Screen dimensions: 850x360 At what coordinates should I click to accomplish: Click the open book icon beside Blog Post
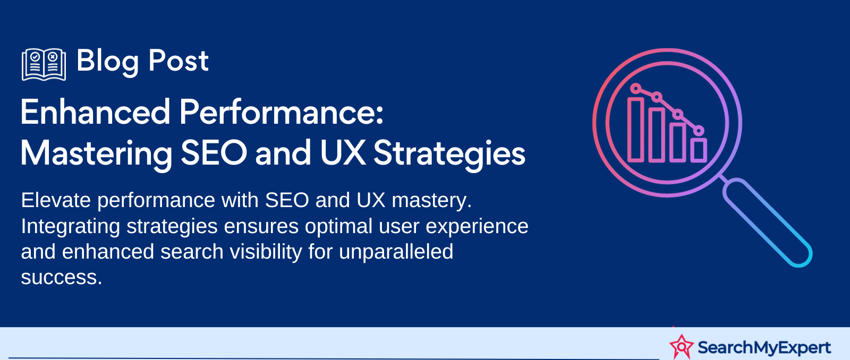44,64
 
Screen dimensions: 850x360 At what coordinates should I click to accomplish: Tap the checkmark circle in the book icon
35,57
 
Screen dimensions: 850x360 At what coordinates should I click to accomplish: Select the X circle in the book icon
53,57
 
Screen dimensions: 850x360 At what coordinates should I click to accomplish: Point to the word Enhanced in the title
95,112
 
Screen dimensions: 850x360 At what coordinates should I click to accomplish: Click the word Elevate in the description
56,200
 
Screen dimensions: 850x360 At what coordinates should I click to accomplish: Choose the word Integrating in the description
71,227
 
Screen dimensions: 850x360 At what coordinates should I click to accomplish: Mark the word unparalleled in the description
396,252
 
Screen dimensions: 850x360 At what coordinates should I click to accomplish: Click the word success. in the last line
62,278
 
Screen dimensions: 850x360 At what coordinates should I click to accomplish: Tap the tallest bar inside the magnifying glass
635,130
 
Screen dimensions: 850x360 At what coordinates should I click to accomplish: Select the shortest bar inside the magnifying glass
699,150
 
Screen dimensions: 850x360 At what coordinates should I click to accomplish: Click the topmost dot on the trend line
635,89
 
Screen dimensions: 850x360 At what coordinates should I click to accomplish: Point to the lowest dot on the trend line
699,131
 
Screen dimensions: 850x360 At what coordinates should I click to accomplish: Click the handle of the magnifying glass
767,222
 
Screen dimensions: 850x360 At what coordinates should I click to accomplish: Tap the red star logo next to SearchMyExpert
682,347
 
